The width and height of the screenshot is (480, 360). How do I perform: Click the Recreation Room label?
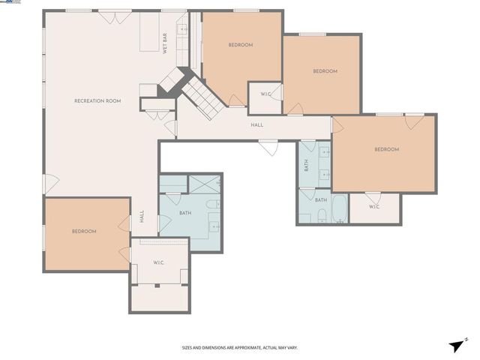97,100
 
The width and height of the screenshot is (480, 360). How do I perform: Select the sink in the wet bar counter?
181,31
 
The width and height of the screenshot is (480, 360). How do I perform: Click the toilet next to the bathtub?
320,216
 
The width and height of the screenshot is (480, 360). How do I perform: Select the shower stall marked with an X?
205,184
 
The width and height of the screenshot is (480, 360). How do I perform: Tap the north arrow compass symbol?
457,344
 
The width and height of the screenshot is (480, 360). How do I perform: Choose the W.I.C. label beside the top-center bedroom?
265,94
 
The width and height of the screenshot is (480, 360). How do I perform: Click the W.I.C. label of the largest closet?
158,262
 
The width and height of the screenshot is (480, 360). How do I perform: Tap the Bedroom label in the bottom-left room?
84,231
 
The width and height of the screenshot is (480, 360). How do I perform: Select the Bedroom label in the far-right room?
386,149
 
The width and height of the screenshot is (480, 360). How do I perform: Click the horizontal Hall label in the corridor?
256,125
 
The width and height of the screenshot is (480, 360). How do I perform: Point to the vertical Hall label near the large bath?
142,217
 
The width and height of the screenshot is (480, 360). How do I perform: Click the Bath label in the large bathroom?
185,212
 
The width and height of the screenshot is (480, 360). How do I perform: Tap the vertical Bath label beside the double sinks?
306,166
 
